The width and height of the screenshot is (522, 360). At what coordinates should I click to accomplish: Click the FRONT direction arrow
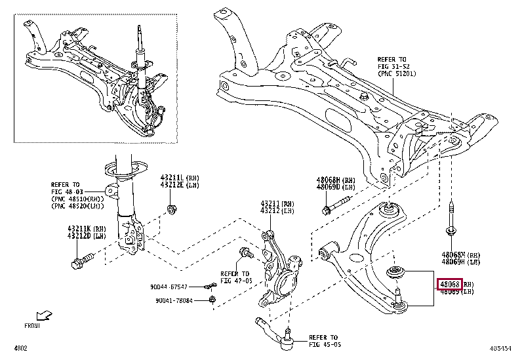[x=43, y=316]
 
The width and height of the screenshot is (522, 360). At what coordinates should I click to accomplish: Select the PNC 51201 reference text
[x=397, y=73]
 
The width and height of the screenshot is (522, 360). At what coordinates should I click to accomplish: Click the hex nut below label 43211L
[x=173, y=209]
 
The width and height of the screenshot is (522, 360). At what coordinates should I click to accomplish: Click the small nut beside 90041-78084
[x=212, y=300]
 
